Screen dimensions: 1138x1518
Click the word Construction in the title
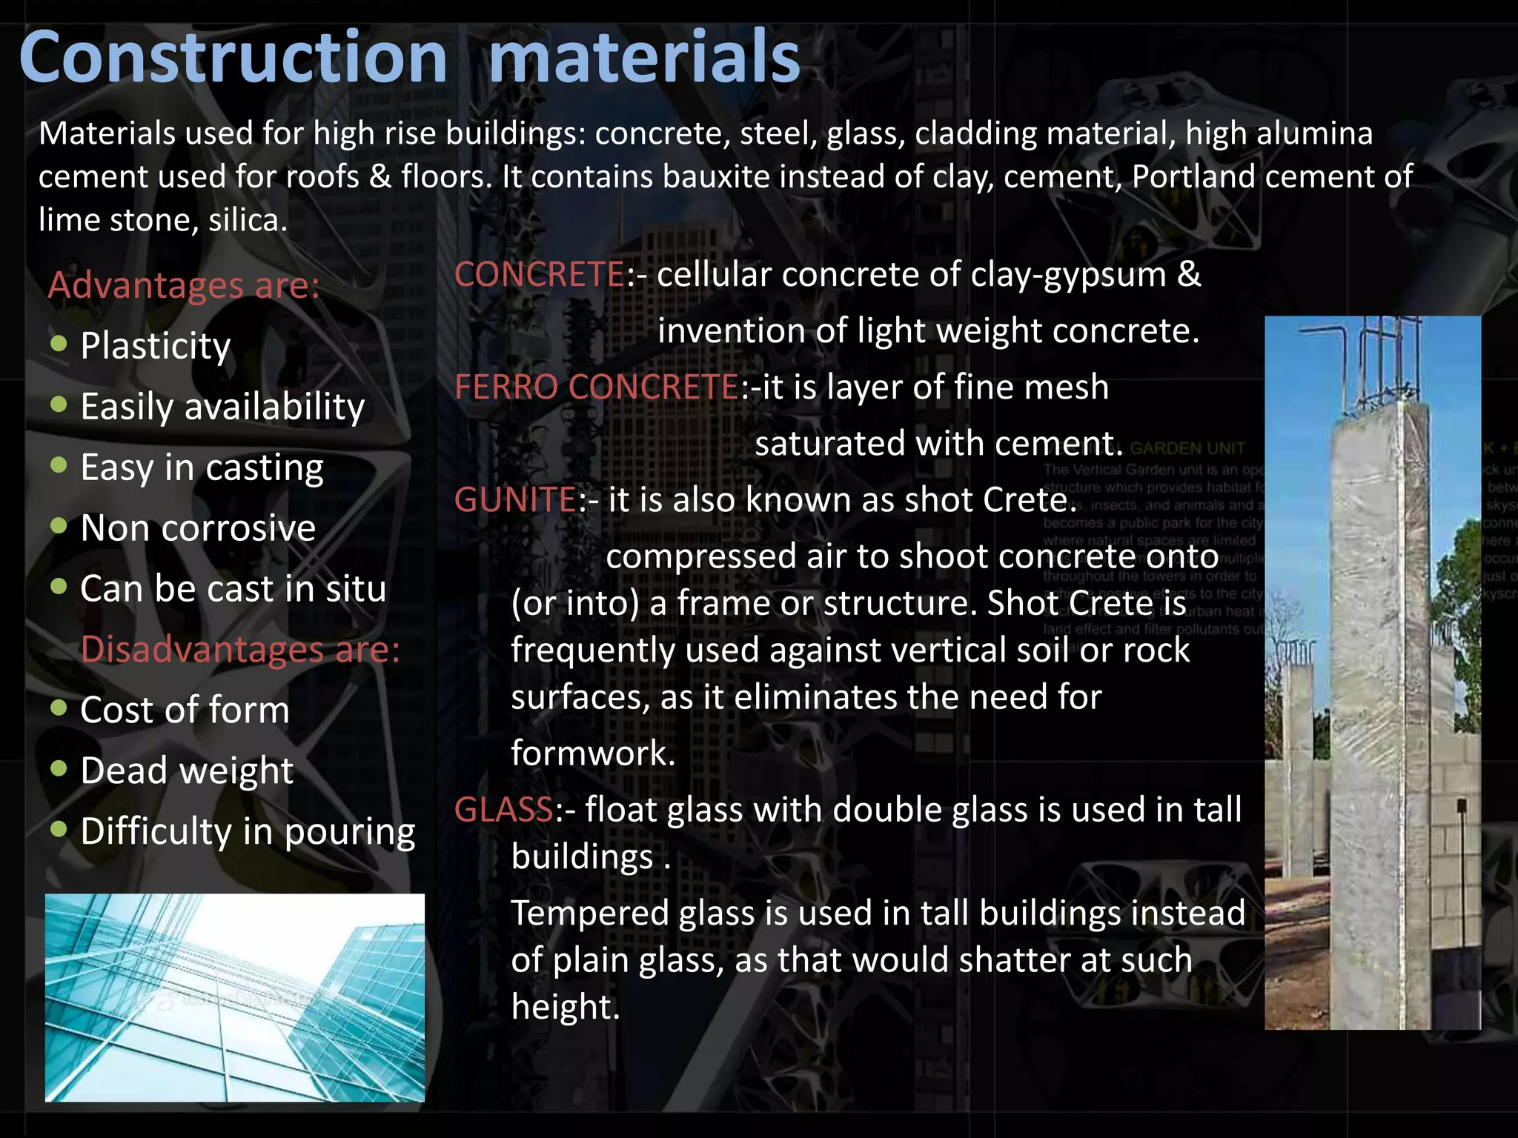tap(233, 58)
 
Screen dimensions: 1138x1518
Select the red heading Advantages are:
tap(184, 285)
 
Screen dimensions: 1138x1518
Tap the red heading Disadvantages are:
tap(240, 650)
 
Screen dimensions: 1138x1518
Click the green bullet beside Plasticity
tap(59, 343)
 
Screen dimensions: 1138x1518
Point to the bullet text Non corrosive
tap(198, 528)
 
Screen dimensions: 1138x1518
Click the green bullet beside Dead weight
tap(59, 768)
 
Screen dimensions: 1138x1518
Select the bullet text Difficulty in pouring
tap(248, 831)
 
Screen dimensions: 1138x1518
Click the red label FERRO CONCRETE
tap(597, 387)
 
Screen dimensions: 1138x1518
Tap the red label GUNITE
tap(515, 500)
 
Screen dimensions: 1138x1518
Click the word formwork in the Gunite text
tap(593, 753)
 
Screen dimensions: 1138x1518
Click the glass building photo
tap(234, 997)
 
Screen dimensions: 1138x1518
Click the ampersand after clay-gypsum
tap(1189, 274)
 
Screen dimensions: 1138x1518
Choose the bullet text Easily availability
tap(222, 407)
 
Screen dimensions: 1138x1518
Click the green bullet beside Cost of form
tap(59, 707)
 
